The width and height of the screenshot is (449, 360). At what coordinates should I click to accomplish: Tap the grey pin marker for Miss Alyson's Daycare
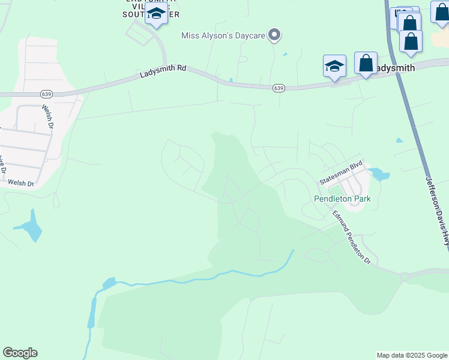[x=274, y=35]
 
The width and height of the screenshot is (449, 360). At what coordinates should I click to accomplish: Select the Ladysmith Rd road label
[x=163, y=71]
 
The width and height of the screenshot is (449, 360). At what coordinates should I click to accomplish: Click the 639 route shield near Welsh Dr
[x=46, y=94]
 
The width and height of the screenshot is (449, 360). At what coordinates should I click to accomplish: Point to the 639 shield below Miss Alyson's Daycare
[x=278, y=88]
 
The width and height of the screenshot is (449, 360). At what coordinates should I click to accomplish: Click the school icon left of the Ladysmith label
[x=334, y=66]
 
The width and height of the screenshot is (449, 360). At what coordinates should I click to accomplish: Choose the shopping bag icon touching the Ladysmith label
[x=366, y=64]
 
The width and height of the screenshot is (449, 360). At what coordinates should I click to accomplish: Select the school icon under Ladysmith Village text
[x=157, y=14]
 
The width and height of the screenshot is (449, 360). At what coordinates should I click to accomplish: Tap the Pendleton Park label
[x=342, y=199]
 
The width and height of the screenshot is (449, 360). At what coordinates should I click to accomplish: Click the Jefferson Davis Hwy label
[x=437, y=210]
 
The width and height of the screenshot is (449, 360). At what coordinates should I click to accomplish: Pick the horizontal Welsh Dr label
[x=22, y=182]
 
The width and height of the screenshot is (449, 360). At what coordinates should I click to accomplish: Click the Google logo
[x=20, y=353]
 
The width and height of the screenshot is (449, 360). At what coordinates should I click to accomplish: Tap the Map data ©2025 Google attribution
[x=412, y=355]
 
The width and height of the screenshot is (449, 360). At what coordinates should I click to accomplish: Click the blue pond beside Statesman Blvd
[x=379, y=175]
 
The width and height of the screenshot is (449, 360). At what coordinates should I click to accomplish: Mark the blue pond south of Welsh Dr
[x=29, y=228]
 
